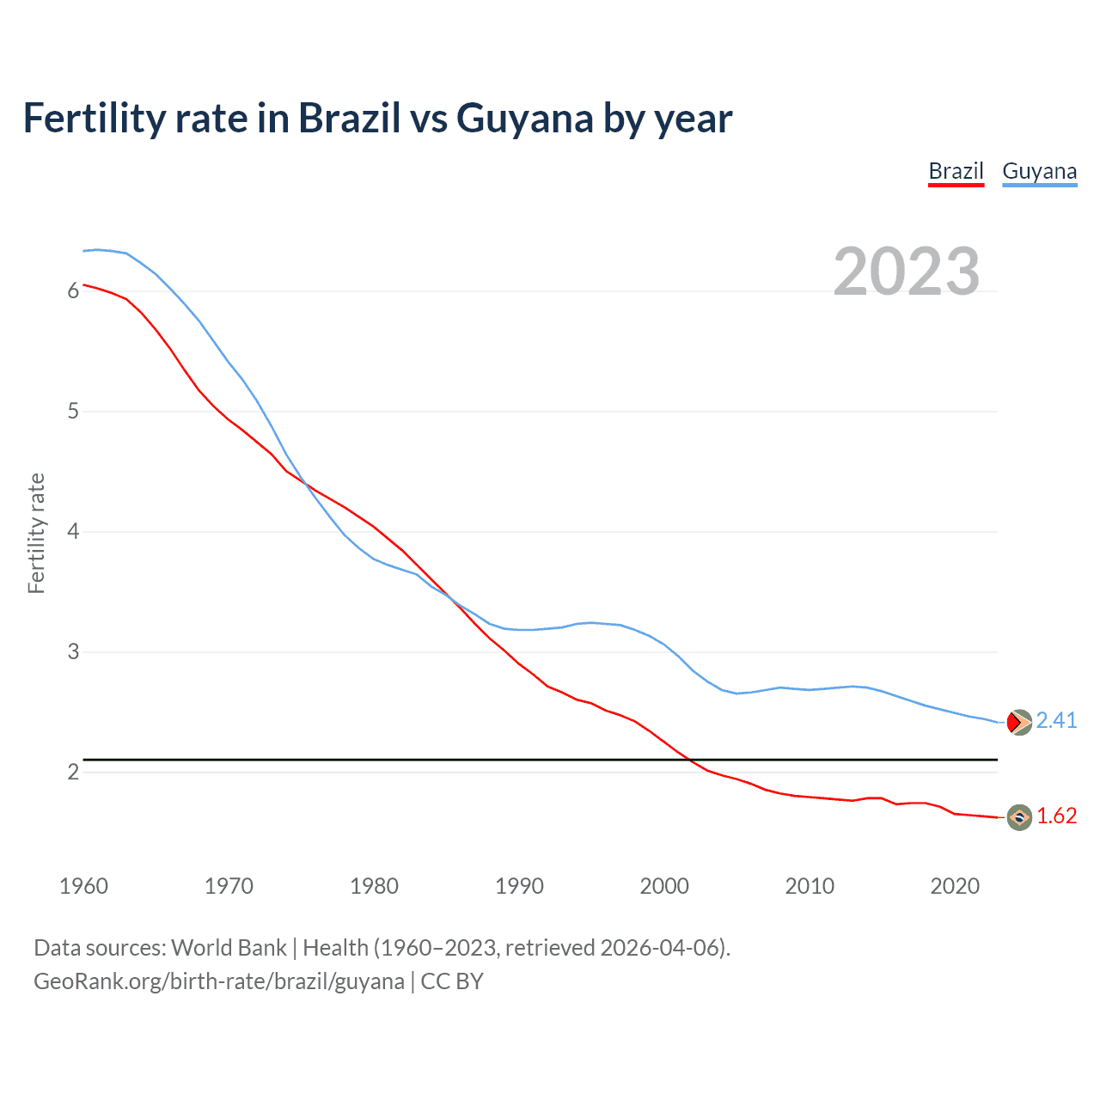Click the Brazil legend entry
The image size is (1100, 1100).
click(x=956, y=171)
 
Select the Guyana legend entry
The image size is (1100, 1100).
click(x=1039, y=171)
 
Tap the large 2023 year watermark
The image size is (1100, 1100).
click(x=906, y=272)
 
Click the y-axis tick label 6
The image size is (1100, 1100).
click(x=73, y=291)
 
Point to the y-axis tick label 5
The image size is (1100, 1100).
click(x=73, y=412)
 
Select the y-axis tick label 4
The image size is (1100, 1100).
click(x=73, y=532)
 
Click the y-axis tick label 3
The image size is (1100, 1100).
click(x=73, y=652)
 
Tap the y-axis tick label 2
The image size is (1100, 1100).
click(x=73, y=773)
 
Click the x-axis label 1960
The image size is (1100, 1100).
click(x=83, y=886)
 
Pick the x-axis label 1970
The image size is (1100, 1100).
click(x=229, y=886)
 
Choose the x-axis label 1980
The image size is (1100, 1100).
click(x=374, y=886)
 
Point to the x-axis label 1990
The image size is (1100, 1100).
click(x=519, y=886)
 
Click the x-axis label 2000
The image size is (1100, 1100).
click(x=664, y=886)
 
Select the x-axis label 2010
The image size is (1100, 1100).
click(x=810, y=886)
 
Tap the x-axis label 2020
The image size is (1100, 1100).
click(x=955, y=886)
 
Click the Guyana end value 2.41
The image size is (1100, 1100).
click(x=1056, y=721)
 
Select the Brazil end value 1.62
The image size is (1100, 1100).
click(x=1056, y=816)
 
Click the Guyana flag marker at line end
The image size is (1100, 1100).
click(x=1018, y=723)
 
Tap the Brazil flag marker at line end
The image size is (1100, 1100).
click(x=1019, y=817)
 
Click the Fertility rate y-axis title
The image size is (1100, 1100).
click(x=36, y=533)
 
